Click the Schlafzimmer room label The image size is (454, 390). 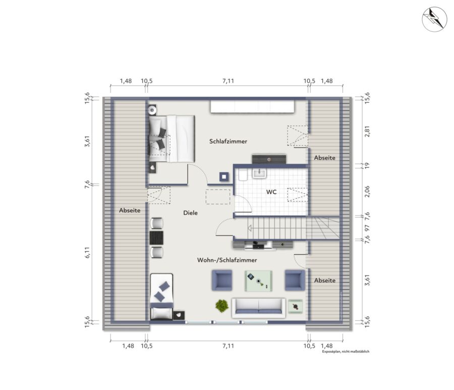click(x=228, y=141)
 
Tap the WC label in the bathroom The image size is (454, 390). click(x=271, y=192)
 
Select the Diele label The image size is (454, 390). click(x=190, y=213)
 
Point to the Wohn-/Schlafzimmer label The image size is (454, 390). click(x=227, y=260)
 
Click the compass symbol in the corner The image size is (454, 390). click(x=434, y=19)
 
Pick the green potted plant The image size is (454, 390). click(x=222, y=306)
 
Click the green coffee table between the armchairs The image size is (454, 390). click(x=258, y=281)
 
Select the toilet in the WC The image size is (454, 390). click(x=243, y=175)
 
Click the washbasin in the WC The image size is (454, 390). click(x=259, y=174)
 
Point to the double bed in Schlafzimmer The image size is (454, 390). click(x=172, y=139)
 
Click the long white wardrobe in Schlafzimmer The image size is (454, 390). click(x=252, y=106)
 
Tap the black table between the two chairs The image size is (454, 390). click(x=157, y=238)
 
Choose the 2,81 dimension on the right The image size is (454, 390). click(x=367, y=132)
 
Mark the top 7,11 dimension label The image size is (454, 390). click(x=228, y=81)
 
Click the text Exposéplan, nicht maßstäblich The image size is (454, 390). click(x=346, y=352)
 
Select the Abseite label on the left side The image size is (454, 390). click(x=130, y=210)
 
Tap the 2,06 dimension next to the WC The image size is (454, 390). click(x=367, y=191)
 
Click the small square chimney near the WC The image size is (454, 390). click(x=224, y=177)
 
